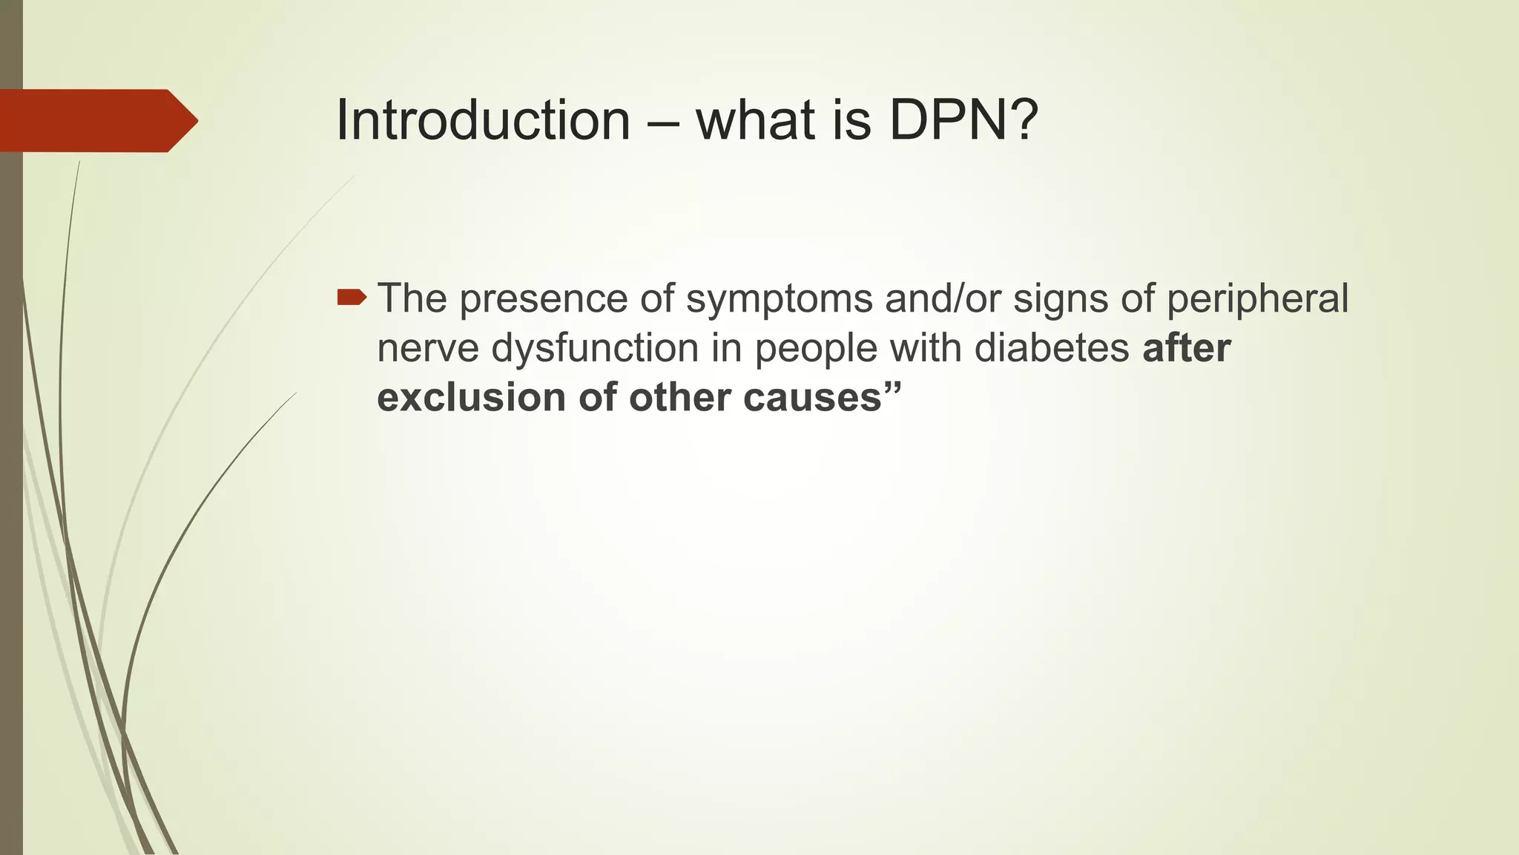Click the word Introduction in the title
(483, 120)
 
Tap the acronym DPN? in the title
(963, 120)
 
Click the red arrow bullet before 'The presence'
(352, 298)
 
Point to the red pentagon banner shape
(96, 120)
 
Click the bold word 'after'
(1186, 347)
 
